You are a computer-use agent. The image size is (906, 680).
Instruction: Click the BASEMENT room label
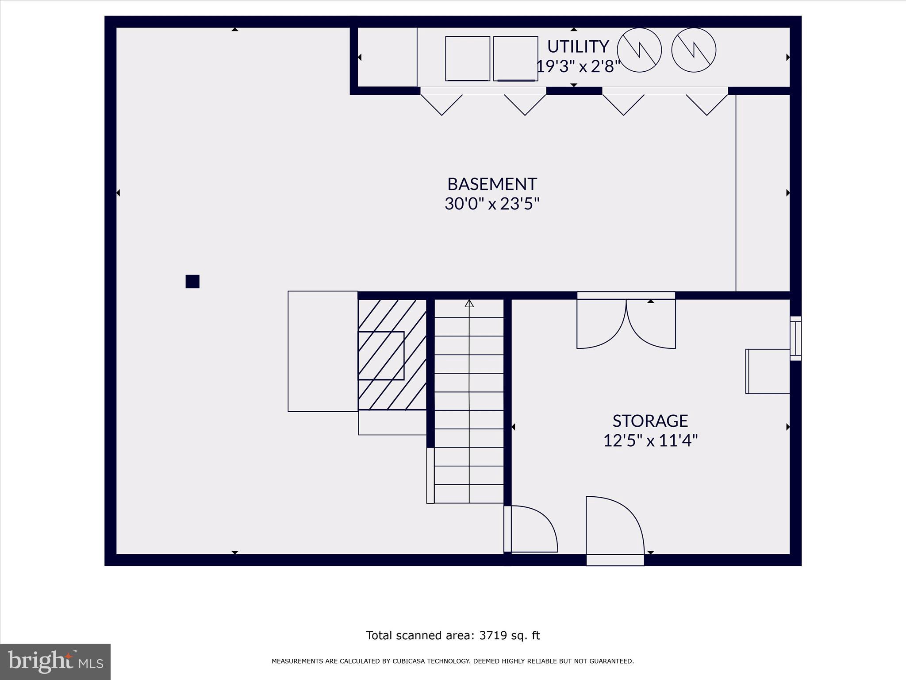pos(492,184)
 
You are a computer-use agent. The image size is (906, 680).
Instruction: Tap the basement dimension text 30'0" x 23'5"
pos(492,204)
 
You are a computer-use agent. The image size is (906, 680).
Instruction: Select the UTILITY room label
pos(578,46)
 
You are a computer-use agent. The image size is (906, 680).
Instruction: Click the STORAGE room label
pos(650,421)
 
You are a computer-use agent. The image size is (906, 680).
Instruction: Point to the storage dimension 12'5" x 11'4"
pos(650,441)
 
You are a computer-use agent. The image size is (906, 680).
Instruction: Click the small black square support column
pos(192,282)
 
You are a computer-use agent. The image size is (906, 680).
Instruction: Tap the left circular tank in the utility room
pos(639,50)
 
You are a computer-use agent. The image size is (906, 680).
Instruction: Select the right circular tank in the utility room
pos(693,50)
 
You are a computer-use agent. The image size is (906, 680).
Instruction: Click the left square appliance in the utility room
pos(468,58)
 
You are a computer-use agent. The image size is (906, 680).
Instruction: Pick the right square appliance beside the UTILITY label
pos(515,58)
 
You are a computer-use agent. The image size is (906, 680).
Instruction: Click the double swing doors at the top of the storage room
pos(626,323)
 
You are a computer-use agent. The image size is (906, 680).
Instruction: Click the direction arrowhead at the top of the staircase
pos(469,304)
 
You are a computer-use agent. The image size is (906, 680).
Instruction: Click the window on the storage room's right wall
pos(795,338)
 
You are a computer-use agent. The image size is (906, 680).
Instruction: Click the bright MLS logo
pos(55,662)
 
